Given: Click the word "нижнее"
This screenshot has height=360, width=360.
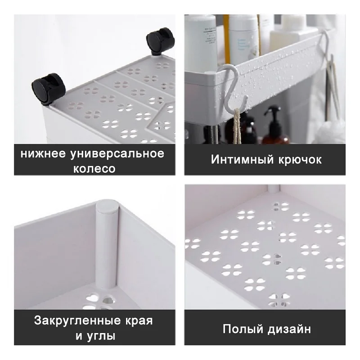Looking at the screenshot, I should tap(43, 154).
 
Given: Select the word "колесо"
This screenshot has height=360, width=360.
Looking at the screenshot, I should tap(94, 169).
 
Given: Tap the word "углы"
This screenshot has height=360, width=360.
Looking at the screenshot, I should tap(102, 336).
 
